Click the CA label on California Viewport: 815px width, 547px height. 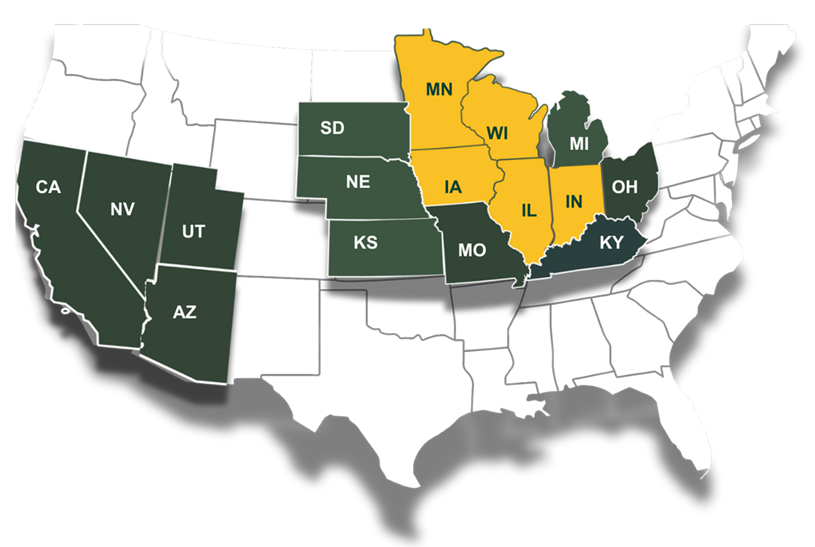click(48, 187)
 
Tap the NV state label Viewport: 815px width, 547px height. click(122, 209)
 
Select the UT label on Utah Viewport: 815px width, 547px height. click(193, 232)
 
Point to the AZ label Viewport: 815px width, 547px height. click(184, 312)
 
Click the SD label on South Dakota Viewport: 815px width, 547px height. click(332, 128)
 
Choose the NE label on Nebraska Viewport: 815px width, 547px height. click(357, 182)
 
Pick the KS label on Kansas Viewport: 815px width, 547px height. click(366, 242)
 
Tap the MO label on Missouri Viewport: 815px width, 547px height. click(472, 250)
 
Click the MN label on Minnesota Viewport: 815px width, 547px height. click(439, 89)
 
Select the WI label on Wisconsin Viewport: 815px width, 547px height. click(497, 134)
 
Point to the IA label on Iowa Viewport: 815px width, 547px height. click(453, 187)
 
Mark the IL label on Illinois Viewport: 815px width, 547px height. click(528, 211)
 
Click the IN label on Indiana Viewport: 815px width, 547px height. click(574, 201)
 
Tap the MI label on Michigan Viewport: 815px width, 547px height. click(579, 144)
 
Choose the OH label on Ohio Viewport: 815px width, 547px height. click(624, 187)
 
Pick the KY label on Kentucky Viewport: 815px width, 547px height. click(611, 242)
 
